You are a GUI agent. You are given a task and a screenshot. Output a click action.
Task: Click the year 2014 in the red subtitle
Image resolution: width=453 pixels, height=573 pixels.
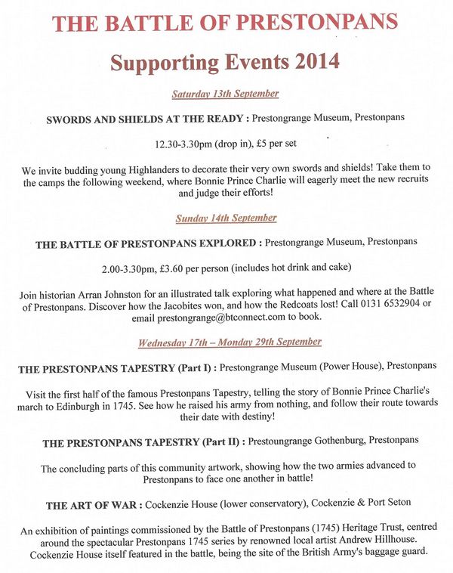pyautogui.click(x=311, y=60)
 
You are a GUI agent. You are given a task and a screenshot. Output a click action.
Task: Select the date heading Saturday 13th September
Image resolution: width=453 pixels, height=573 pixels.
pyautogui.click(x=225, y=94)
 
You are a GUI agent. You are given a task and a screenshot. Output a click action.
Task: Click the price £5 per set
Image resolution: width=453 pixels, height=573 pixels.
pyautogui.click(x=275, y=144)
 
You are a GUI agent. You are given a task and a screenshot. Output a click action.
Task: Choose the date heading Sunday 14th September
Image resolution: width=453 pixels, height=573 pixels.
pyautogui.click(x=226, y=218)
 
